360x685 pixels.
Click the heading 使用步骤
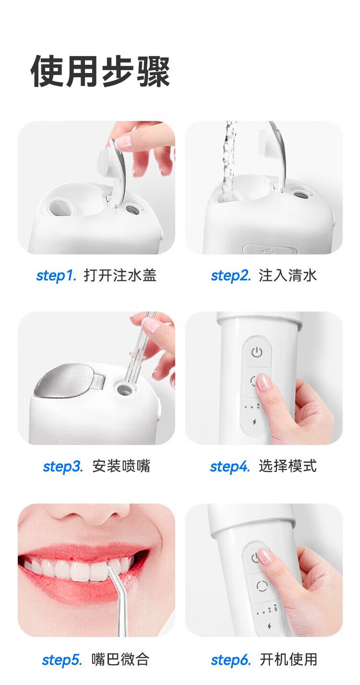[100, 72]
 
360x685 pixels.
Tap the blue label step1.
[56, 275]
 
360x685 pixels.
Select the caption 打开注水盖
[120, 275]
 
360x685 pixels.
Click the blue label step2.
[231, 275]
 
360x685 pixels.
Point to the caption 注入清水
[288, 275]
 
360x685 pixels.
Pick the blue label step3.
[63, 466]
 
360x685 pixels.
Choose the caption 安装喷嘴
[121, 466]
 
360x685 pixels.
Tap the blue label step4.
[230, 466]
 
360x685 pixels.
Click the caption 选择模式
[288, 466]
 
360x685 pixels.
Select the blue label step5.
[62, 660]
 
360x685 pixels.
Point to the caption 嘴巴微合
[120, 659]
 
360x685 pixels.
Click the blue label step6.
[231, 660]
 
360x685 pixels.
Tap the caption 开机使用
[288, 659]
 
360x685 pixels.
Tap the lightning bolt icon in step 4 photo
[254, 422]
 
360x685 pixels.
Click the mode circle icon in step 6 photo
[262, 586]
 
